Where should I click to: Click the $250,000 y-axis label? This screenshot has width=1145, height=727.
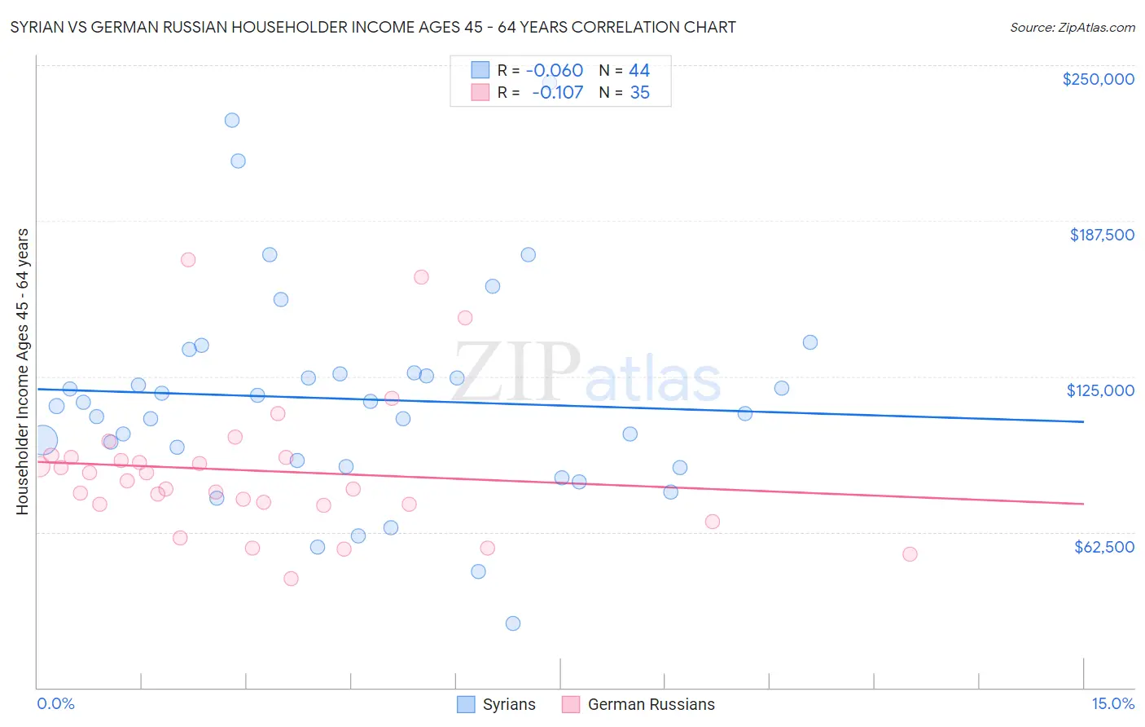(1098, 79)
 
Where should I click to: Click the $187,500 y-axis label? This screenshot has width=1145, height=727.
(1101, 235)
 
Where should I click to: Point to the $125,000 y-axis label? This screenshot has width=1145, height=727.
(1100, 390)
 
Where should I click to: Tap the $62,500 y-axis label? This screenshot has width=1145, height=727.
(1103, 547)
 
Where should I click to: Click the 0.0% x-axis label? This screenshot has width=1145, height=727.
(55, 703)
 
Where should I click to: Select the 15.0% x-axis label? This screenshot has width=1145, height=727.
(1112, 703)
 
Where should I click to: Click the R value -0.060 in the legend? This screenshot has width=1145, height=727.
(554, 71)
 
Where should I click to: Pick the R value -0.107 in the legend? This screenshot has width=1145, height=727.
(557, 93)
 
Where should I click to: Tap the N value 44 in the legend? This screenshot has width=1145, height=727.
(639, 71)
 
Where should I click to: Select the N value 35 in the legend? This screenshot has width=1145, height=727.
(639, 93)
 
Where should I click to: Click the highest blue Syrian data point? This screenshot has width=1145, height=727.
(232, 120)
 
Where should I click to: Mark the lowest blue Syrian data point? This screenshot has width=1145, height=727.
(513, 623)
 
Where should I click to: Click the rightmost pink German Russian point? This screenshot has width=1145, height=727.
(910, 554)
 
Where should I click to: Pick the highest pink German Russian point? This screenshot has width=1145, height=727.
(188, 260)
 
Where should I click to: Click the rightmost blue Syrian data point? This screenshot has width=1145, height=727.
(810, 342)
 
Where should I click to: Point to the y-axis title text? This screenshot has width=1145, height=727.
(23, 371)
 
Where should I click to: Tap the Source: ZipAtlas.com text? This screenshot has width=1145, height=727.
(1072, 28)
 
